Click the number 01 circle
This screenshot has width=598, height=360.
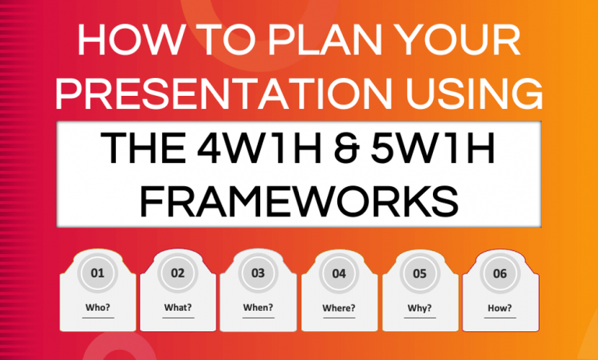pyautogui.click(x=98, y=274)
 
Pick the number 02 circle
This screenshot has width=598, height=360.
pyautogui.click(x=178, y=274)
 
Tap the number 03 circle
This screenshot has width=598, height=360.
pyautogui.click(x=259, y=274)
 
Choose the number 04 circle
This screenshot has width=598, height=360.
pyautogui.click(x=339, y=274)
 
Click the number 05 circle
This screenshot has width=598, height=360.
pyautogui.click(x=420, y=274)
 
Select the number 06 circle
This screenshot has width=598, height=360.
pyautogui.click(x=500, y=274)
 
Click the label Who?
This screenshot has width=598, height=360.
pyautogui.click(x=98, y=307)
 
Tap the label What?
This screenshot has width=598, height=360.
pyautogui.click(x=178, y=307)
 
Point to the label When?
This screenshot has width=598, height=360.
pyautogui.click(x=259, y=307)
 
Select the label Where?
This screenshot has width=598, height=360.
pyautogui.click(x=339, y=307)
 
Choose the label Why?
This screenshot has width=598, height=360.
pyautogui.click(x=420, y=307)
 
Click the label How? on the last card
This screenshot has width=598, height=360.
pyautogui.click(x=500, y=307)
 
